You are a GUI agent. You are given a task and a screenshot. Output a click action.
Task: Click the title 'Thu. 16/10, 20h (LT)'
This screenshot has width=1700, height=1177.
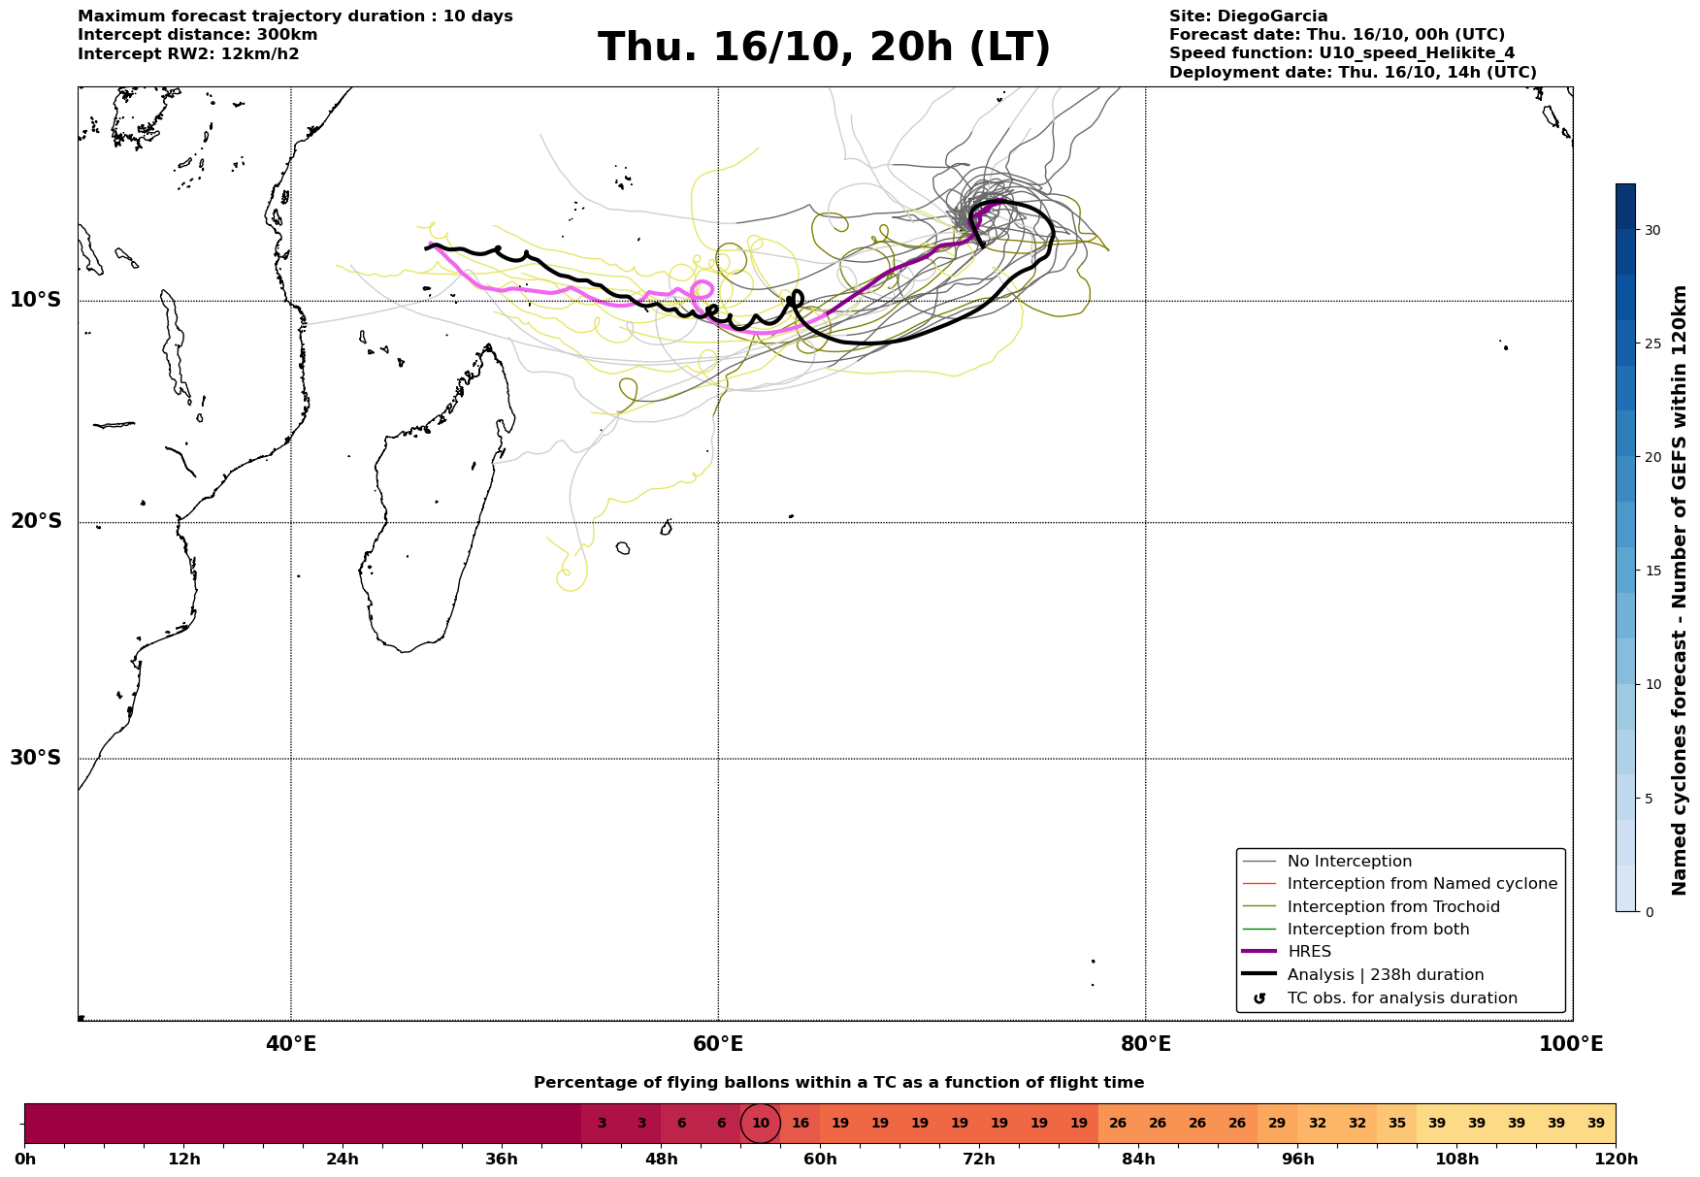(824, 48)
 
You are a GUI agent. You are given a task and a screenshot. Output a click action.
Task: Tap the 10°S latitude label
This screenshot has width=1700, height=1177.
(36, 300)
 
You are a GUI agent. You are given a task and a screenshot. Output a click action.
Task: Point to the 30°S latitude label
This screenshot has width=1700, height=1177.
(36, 758)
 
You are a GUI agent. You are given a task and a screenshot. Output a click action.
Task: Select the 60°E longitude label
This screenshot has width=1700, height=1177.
(718, 1044)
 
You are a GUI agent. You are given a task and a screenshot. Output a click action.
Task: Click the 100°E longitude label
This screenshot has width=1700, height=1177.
(1571, 1044)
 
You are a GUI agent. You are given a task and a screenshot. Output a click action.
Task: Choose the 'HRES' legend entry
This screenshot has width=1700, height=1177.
(1309, 952)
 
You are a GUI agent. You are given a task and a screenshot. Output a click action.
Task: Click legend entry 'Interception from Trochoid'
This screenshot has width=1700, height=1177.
(1392, 907)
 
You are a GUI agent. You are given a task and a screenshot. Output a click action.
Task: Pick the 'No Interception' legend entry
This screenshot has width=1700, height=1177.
(1349, 862)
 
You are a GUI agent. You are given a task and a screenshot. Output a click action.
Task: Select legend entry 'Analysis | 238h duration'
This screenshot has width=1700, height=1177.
(1385, 975)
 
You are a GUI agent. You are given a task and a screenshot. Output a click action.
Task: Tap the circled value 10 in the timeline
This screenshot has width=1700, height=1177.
(761, 1124)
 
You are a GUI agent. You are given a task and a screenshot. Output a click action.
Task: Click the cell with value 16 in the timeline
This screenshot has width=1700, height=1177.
(801, 1124)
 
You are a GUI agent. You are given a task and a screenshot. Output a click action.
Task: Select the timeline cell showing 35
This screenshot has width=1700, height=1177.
(1397, 1124)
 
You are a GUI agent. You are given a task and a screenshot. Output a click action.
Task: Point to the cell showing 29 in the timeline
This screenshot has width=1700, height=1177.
(1277, 1124)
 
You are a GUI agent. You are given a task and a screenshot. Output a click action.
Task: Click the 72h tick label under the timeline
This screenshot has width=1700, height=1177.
(979, 1160)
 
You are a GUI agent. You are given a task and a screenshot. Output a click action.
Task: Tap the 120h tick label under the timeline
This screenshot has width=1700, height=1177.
(1615, 1160)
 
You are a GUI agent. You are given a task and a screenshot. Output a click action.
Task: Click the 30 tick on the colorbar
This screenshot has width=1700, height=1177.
(1651, 230)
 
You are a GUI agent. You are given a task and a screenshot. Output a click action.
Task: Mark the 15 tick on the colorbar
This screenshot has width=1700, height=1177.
(1651, 571)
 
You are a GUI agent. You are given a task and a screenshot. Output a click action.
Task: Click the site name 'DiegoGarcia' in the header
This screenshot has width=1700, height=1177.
(1272, 16)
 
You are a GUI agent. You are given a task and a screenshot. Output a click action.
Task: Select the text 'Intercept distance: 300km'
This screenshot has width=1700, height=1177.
(198, 35)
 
